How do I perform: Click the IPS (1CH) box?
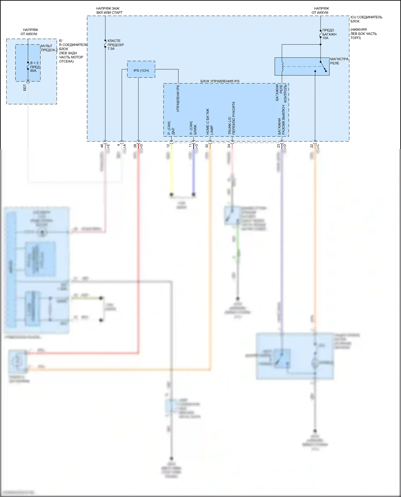click(141, 69)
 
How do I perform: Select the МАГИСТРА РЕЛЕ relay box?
click(302, 66)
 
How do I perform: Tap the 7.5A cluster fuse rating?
click(111, 49)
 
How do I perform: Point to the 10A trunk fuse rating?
click(325, 38)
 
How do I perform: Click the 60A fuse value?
click(33, 71)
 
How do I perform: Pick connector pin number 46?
click(102, 146)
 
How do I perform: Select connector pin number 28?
click(135, 146)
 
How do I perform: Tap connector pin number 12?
click(168, 146)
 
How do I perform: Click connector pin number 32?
click(207, 146)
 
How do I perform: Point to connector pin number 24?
click(229, 146)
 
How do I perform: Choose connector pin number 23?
click(278, 146)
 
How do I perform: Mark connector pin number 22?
click(312, 146)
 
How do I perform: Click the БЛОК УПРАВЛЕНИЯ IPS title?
click(220, 81)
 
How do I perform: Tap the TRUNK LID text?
click(230, 126)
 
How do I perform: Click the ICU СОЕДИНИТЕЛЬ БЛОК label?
click(366, 19)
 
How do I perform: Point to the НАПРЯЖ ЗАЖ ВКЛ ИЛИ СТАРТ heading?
click(109, 10)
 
